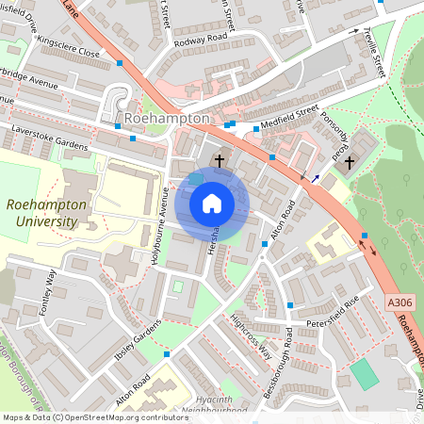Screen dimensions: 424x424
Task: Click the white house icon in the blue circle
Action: (x=212, y=203)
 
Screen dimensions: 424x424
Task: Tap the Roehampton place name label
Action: (x=166, y=119)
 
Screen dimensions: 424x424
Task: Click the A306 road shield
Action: (x=400, y=302)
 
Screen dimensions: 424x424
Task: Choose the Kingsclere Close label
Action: (x=68, y=47)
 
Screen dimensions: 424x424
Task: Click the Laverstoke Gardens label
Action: (x=49, y=138)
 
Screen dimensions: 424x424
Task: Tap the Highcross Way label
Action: (x=251, y=334)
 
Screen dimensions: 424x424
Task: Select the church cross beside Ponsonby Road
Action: (x=350, y=162)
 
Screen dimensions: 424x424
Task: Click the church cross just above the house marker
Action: (x=220, y=161)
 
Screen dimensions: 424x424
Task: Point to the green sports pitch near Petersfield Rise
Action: (x=364, y=373)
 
